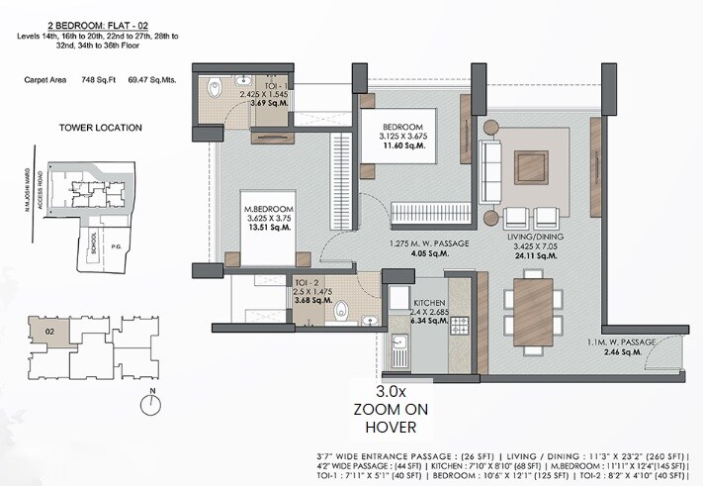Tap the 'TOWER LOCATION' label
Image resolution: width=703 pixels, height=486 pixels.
[102, 127]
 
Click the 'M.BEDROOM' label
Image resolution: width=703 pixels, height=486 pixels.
[270, 209]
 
